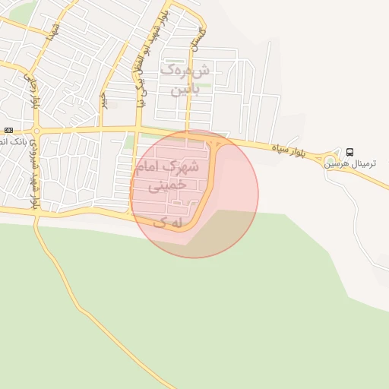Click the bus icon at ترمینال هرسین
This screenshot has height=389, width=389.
(349, 151)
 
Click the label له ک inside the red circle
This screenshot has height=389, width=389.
(168, 222)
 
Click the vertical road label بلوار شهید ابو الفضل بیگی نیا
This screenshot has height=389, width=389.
(140, 68)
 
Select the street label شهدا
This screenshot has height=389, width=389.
(52, 32)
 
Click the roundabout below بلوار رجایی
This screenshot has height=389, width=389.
(36, 131)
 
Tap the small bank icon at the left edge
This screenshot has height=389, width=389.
(8, 131)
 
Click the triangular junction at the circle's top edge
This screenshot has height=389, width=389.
(218, 142)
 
